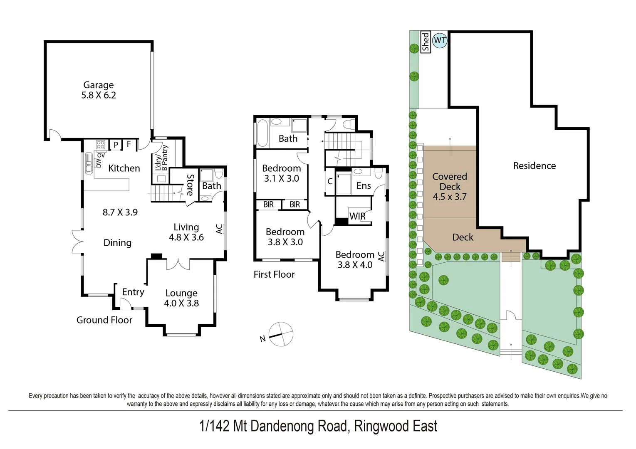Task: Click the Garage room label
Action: click(x=99, y=85)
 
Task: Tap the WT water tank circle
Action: click(x=440, y=40)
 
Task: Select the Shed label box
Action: click(x=425, y=42)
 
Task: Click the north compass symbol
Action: click(x=281, y=334)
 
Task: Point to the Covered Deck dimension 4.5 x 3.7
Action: click(x=450, y=197)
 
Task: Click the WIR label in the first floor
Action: click(x=357, y=216)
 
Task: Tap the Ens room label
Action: click(x=364, y=186)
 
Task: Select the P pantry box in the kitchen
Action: click(x=116, y=145)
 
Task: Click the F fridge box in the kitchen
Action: click(x=129, y=144)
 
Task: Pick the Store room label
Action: click(x=190, y=185)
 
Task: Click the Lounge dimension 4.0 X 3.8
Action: click(x=181, y=303)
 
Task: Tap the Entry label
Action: click(x=133, y=292)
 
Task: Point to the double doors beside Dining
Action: click(x=77, y=242)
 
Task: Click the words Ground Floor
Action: click(x=104, y=320)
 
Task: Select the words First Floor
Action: click(x=274, y=274)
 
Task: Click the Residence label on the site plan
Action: click(x=534, y=166)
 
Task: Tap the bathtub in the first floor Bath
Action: click(x=262, y=133)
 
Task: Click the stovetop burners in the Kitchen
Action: click(x=101, y=145)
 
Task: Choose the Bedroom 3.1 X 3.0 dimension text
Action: click(x=282, y=178)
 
